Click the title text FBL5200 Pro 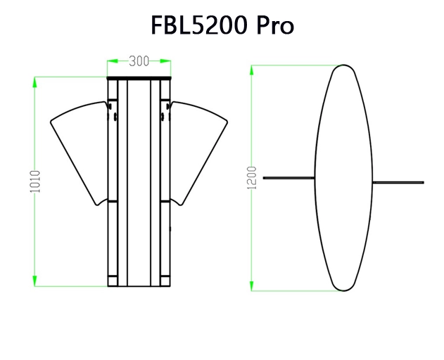pos(222,25)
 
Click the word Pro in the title pos(272,25)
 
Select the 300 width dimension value pos(139,62)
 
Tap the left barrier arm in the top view pos(288,178)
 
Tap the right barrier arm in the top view pos(398,182)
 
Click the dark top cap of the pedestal pos(139,78)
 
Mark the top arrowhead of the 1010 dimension pos(35,81)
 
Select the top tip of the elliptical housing pos(343,66)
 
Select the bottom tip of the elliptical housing pos(343,290)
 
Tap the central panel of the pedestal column pos(139,183)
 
